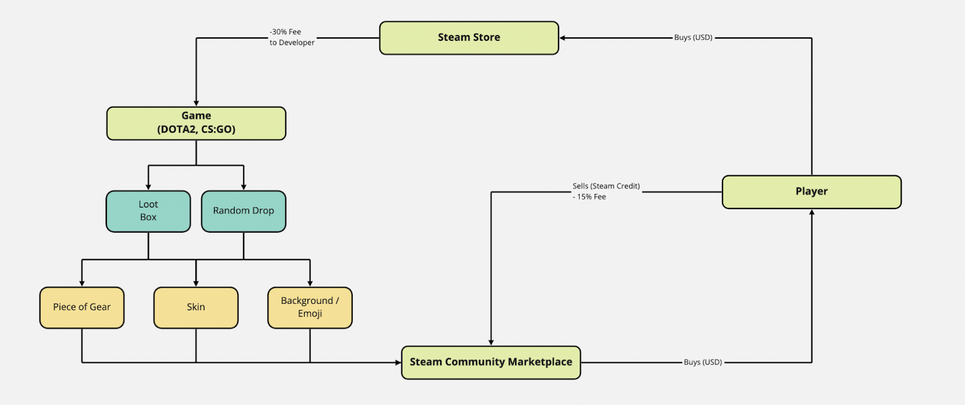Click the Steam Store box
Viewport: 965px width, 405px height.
[469, 38]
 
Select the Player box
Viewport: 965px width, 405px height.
[811, 192]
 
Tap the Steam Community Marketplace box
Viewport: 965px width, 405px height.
[491, 362]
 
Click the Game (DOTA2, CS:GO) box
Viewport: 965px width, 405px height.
[196, 123]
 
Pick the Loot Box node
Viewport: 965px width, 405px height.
[148, 211]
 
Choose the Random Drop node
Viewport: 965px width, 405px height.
[243, 211]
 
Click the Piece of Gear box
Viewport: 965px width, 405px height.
[82, 307]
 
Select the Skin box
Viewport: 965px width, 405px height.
[196, 307]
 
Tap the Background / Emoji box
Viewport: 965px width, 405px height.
[310, 307]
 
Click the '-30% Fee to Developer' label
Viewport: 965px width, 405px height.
[292, 37]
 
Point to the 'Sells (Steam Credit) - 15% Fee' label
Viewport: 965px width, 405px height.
[606, 192]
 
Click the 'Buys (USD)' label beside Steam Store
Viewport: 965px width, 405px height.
[693, 37]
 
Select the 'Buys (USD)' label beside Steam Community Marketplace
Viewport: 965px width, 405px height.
[703, 362]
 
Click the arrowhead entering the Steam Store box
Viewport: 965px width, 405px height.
[563, 38]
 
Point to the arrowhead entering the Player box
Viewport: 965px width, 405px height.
[812, 213]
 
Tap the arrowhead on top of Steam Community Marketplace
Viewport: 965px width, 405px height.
[491, 342]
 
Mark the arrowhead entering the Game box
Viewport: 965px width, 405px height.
[196, 103]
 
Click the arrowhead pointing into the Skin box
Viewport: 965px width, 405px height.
[196, 283]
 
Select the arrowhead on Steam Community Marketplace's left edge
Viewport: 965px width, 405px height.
[398, 362]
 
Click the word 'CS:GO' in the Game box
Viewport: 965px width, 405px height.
[218, 130]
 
